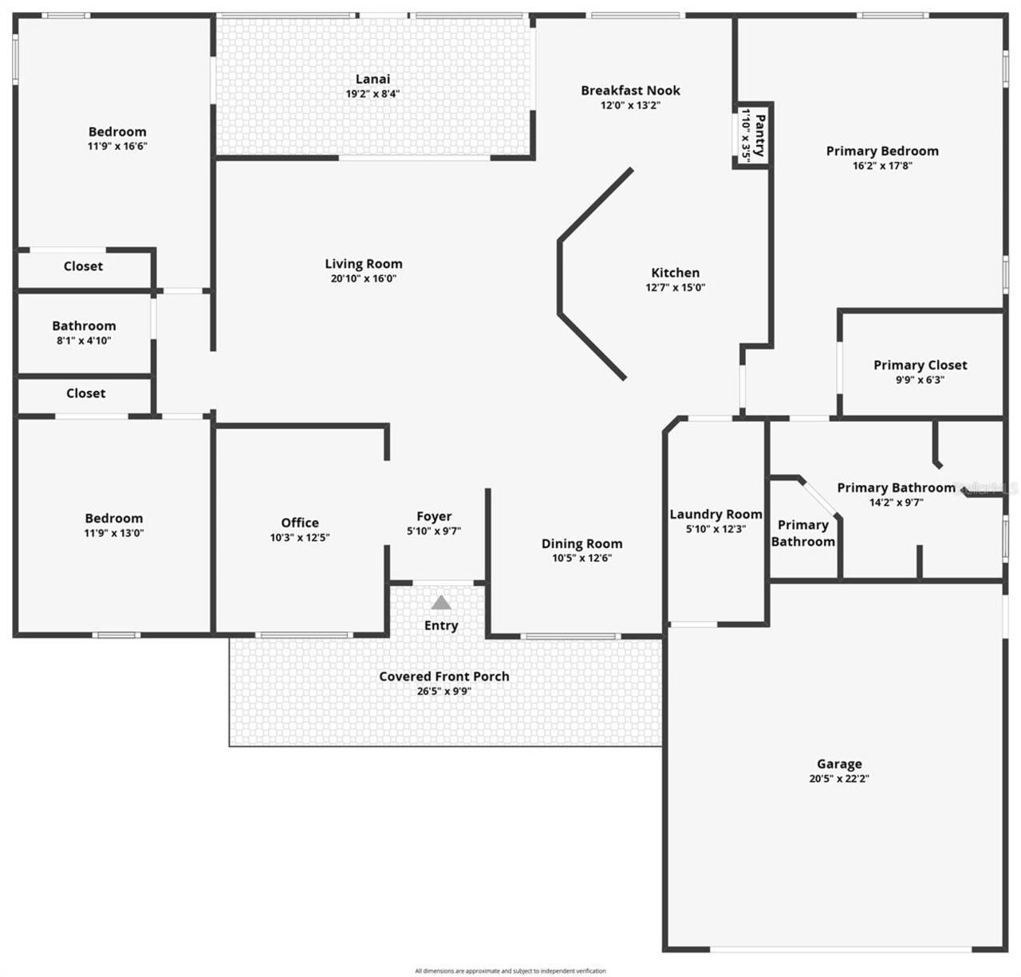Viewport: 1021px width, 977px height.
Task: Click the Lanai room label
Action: tap(373, 79)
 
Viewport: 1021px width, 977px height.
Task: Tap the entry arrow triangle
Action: tap(441, 603)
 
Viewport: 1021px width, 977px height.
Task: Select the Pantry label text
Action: tap(760, 135)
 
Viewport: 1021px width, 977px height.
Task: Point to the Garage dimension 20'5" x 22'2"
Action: tap(838, 779)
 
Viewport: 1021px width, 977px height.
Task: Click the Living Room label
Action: tap(364, 264)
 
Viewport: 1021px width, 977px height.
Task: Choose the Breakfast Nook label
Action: tap(630, 91)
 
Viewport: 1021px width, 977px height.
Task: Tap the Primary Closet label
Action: tap(920, 365)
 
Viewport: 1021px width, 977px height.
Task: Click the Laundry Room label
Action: tap(715, 514)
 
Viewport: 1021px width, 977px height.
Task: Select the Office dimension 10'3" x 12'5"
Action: tap(300, 538)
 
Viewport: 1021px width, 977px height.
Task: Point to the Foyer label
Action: tap(434, 517)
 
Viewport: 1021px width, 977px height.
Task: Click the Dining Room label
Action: tap(581, 544)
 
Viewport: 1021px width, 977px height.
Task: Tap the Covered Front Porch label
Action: tap(443, 676)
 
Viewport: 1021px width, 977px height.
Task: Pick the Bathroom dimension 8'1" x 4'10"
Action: tap(84, 341)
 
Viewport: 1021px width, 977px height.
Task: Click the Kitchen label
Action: tap(675, 273)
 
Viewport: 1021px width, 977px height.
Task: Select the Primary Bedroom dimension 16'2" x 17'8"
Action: tap(882, 166)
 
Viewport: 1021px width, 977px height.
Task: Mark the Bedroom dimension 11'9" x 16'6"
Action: tap(117, 147)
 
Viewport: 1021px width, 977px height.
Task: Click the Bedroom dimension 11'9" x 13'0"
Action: tap(114, 534)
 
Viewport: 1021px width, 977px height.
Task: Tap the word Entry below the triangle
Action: tap(441, 625)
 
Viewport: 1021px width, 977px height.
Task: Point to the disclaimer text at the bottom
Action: tap(510, 971)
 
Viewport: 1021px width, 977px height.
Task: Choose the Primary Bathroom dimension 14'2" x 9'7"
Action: tap(896, 503)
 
